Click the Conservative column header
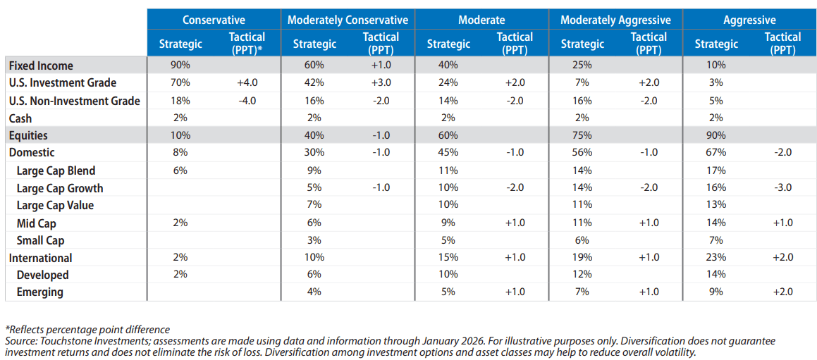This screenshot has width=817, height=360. coord(213,20)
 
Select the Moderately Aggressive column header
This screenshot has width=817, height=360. coord(615,20)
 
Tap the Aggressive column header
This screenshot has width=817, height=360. coord(749,20)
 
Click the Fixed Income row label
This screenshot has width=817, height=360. coord(41,66)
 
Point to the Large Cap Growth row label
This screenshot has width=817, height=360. coord(60,188)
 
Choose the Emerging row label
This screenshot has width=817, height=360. coord(39,292)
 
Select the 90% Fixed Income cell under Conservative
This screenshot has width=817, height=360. coord(180,66)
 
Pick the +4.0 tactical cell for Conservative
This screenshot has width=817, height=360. coord(247,83)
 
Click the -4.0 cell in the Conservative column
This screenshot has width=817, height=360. coord(247,101)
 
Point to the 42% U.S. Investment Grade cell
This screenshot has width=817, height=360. coord(314,83)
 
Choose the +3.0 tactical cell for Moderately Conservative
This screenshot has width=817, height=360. coord(381,83)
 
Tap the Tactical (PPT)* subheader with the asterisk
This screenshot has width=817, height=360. coord(247,44)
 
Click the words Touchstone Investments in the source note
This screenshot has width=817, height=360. coord(77,341)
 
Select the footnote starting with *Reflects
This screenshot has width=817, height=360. coord(87,330)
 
